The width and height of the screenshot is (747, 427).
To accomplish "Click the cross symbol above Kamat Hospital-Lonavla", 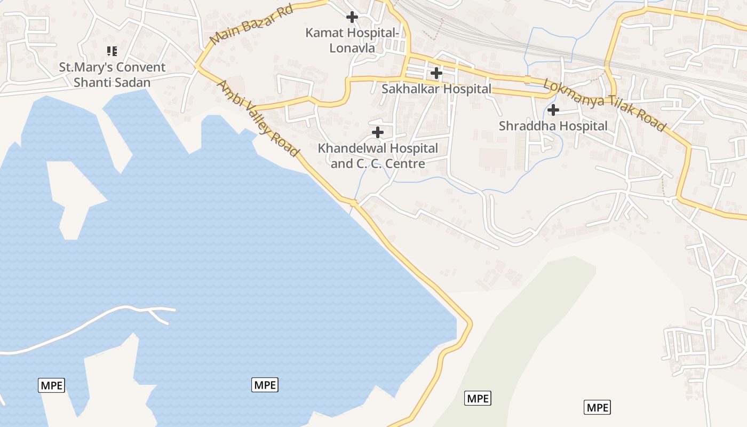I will tap(352, 17).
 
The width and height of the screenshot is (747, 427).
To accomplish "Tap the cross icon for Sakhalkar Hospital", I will tap(436, 73).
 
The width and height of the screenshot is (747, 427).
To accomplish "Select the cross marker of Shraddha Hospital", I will tap(553, 110).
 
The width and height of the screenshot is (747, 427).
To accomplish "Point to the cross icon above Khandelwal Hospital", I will tap(378, 132).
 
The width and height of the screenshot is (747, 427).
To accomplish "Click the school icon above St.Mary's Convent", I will tap(112, 51).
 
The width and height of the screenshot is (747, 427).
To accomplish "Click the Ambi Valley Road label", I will tap(257, 118).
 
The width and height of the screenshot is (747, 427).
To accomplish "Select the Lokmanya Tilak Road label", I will tap(605, 105).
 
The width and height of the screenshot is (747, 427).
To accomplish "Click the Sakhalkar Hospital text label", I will tap(436, 89).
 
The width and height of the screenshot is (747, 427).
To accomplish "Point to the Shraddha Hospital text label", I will tap(553, 126).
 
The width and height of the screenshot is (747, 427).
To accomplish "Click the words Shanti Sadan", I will tap(112, 83).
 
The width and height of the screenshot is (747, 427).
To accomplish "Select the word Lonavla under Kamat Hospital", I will tap(352, 48).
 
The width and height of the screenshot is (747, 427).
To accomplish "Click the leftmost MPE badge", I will tap(51, 385).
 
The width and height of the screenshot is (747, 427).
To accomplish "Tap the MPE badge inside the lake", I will tap(265, 384).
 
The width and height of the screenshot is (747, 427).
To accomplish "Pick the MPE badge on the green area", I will tap(478, 398).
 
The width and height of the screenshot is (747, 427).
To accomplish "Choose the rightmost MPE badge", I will tap(597, 408).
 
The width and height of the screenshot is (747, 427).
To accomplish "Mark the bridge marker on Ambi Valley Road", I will tap(353, 202).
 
